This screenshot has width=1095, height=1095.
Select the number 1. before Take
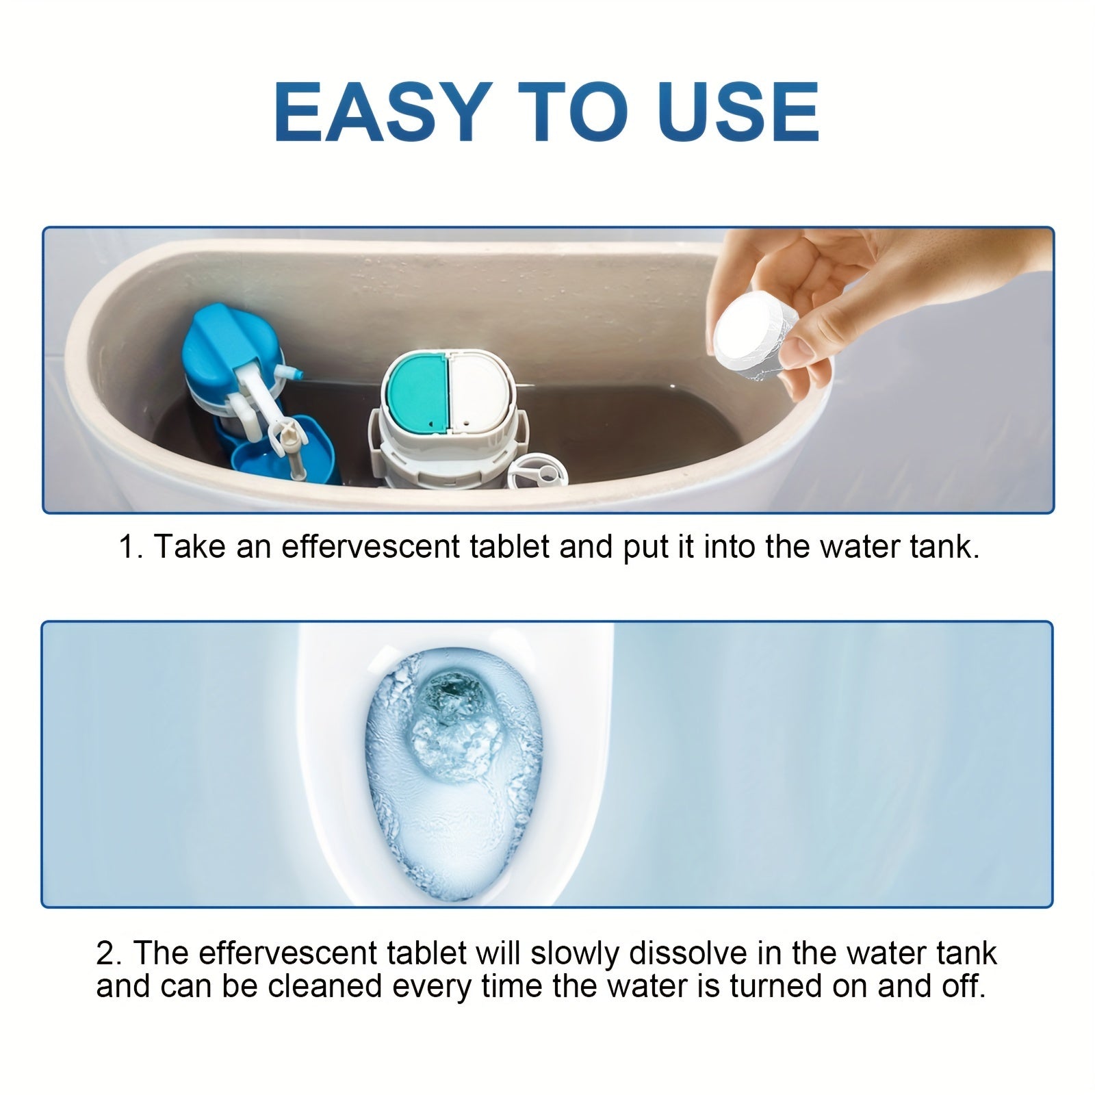point(130,547)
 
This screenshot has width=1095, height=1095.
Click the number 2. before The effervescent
point(109,953)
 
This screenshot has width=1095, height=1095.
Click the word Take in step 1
point(189,547)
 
